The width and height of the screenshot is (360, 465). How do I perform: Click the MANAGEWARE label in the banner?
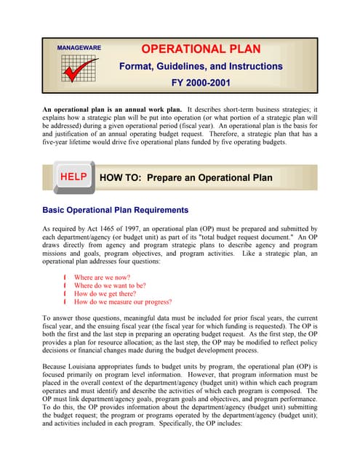point(79,49)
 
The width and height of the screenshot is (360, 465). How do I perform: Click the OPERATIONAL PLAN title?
point(201,49)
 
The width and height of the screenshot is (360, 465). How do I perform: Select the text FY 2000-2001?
point(201,82)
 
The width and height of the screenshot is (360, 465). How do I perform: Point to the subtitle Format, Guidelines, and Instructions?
point(201,66)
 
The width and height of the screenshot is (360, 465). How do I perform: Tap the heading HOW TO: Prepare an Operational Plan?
point(185,177)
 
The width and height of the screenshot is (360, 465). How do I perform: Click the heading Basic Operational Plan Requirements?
point(116,210)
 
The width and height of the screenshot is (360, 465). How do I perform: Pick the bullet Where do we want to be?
point(110,286)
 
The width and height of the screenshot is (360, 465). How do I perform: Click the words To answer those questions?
point(79,318)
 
